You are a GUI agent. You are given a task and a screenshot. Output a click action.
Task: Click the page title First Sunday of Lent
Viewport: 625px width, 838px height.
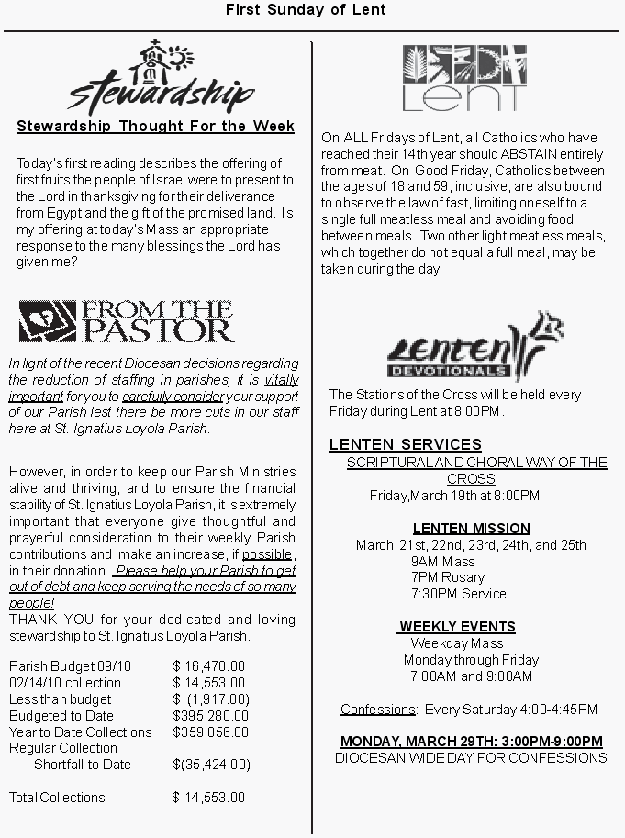point(306,10)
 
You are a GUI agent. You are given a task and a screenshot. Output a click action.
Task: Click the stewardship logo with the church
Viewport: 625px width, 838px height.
point(161,77)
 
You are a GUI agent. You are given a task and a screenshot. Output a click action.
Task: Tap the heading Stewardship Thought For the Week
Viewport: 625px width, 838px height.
point(155,127)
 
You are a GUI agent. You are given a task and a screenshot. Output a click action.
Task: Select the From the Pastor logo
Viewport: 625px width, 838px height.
point(127,320)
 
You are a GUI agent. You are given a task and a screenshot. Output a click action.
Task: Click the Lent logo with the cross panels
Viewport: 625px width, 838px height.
point(464,77)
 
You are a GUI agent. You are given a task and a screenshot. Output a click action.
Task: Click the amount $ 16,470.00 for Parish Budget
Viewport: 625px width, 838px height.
point(209,666)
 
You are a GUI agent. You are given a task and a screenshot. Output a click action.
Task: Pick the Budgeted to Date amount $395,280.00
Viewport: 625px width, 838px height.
point(210,716)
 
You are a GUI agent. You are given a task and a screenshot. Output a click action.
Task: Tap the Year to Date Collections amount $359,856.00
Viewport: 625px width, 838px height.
point(210,732)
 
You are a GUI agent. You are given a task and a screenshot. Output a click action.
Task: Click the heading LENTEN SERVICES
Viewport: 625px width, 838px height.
point(405,445)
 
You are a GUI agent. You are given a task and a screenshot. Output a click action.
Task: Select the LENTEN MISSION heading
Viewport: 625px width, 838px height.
point(471,529)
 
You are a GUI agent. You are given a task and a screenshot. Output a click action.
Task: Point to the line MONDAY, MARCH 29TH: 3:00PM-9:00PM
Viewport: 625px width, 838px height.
point(471,742)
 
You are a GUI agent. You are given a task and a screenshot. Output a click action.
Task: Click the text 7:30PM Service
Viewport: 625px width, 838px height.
point(459,594)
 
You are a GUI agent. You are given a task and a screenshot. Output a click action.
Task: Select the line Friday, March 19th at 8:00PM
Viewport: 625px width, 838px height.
point(454,496)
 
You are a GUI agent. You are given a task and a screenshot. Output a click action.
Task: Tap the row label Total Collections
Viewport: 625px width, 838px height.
point(57,798)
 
